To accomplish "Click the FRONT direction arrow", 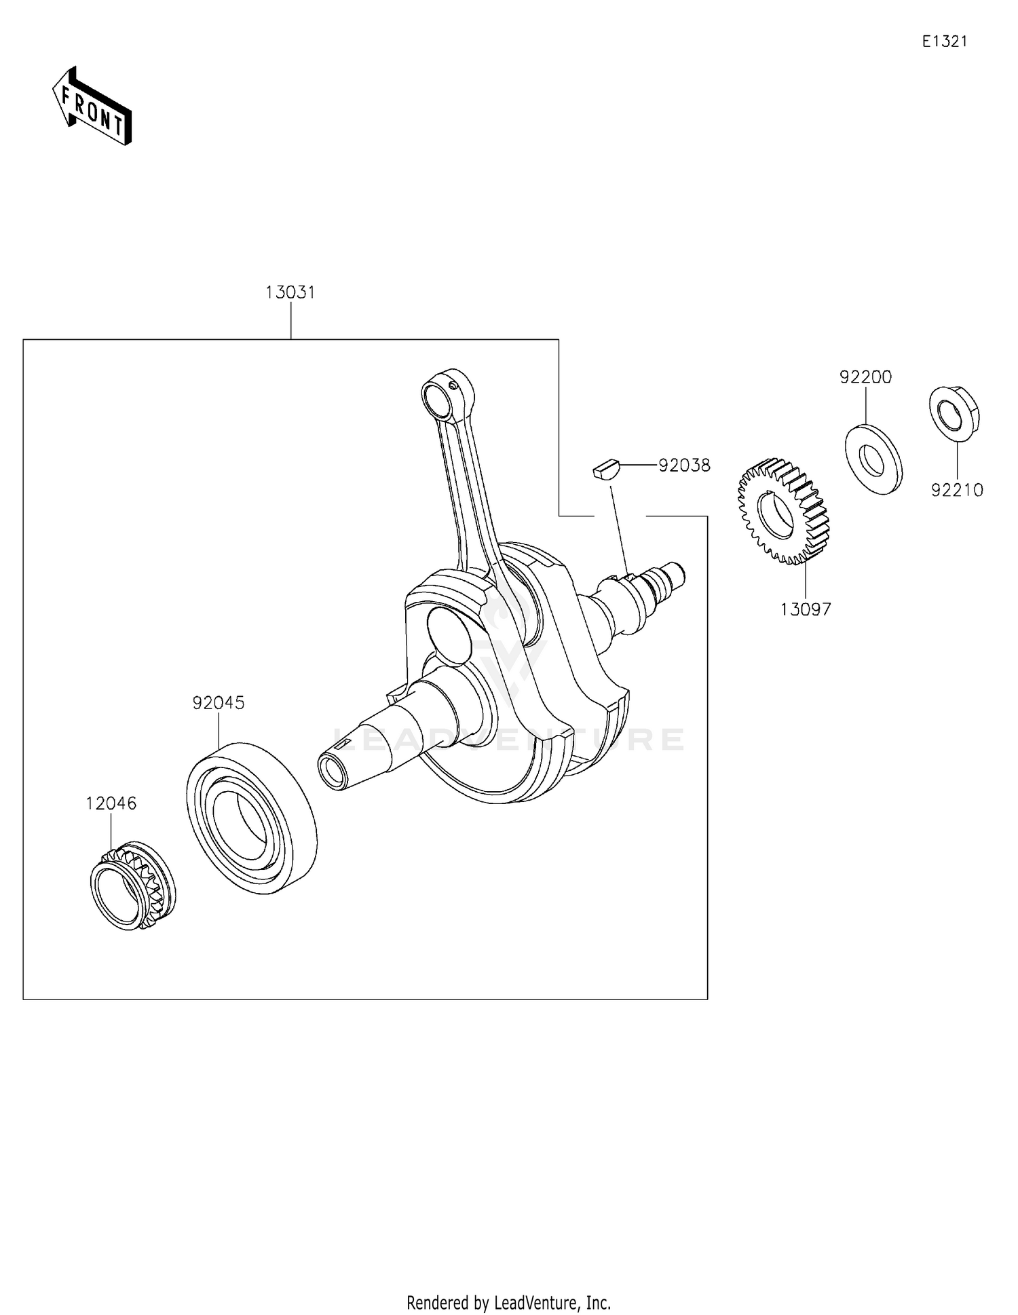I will tap(92, 107).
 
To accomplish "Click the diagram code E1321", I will tap(944, 41).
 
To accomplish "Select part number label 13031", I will tap(290, 293).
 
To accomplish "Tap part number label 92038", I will tap(684, 465).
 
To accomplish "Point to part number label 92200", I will tap(865, 377).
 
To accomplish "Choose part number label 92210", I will tap(957, 490).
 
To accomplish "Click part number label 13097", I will tap(805, 609).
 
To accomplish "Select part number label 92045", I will tap(218, 703).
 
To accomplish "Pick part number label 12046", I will tap(111, 803).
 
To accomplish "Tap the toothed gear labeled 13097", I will tap(784, 511).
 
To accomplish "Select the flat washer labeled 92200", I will tap(873, 459).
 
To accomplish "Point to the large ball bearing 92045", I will tap(251, 818).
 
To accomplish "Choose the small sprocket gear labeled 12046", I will tap(132, 886).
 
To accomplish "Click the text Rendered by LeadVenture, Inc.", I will tap(508, 1302).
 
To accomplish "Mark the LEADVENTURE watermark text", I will tap(509, 739).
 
